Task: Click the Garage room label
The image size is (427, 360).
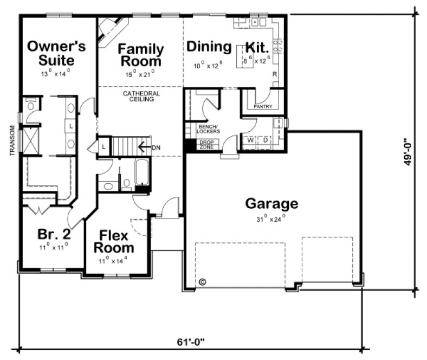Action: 271,204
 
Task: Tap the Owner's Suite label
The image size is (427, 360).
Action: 56,53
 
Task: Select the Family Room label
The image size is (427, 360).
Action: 141,55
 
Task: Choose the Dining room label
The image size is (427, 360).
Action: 209,47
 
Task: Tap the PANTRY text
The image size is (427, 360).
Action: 263,107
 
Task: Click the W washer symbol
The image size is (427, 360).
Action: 251,139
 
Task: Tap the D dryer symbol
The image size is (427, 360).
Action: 266,139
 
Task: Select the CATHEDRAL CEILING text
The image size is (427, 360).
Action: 141,96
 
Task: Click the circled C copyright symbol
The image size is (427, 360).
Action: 202,282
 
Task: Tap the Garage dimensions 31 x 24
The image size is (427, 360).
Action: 271,219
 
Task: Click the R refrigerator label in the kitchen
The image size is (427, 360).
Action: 275,74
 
